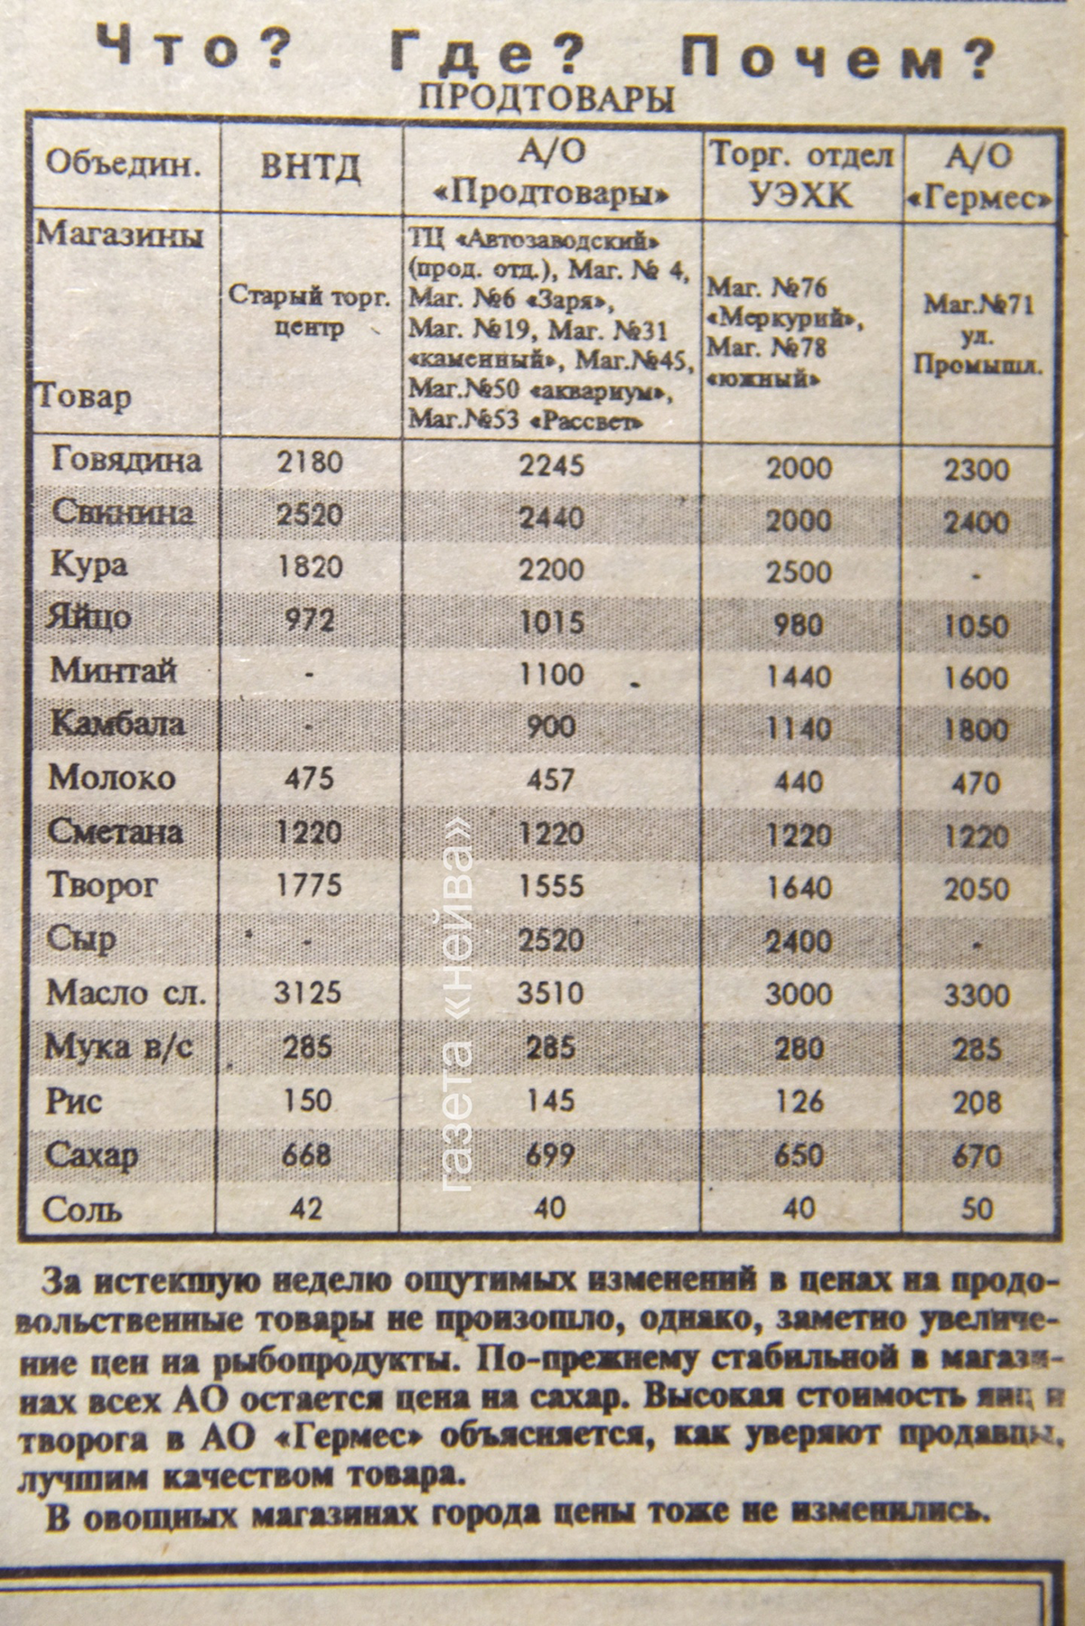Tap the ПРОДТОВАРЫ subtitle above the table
[547, 98]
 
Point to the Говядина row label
[126, 462]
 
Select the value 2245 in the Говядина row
[551, 464]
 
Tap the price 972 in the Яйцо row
[309, 620]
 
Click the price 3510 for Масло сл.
[551, 994]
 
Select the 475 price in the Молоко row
[309, 778]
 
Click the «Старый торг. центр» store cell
[309, 311]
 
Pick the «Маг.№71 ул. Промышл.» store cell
[978, 334]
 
